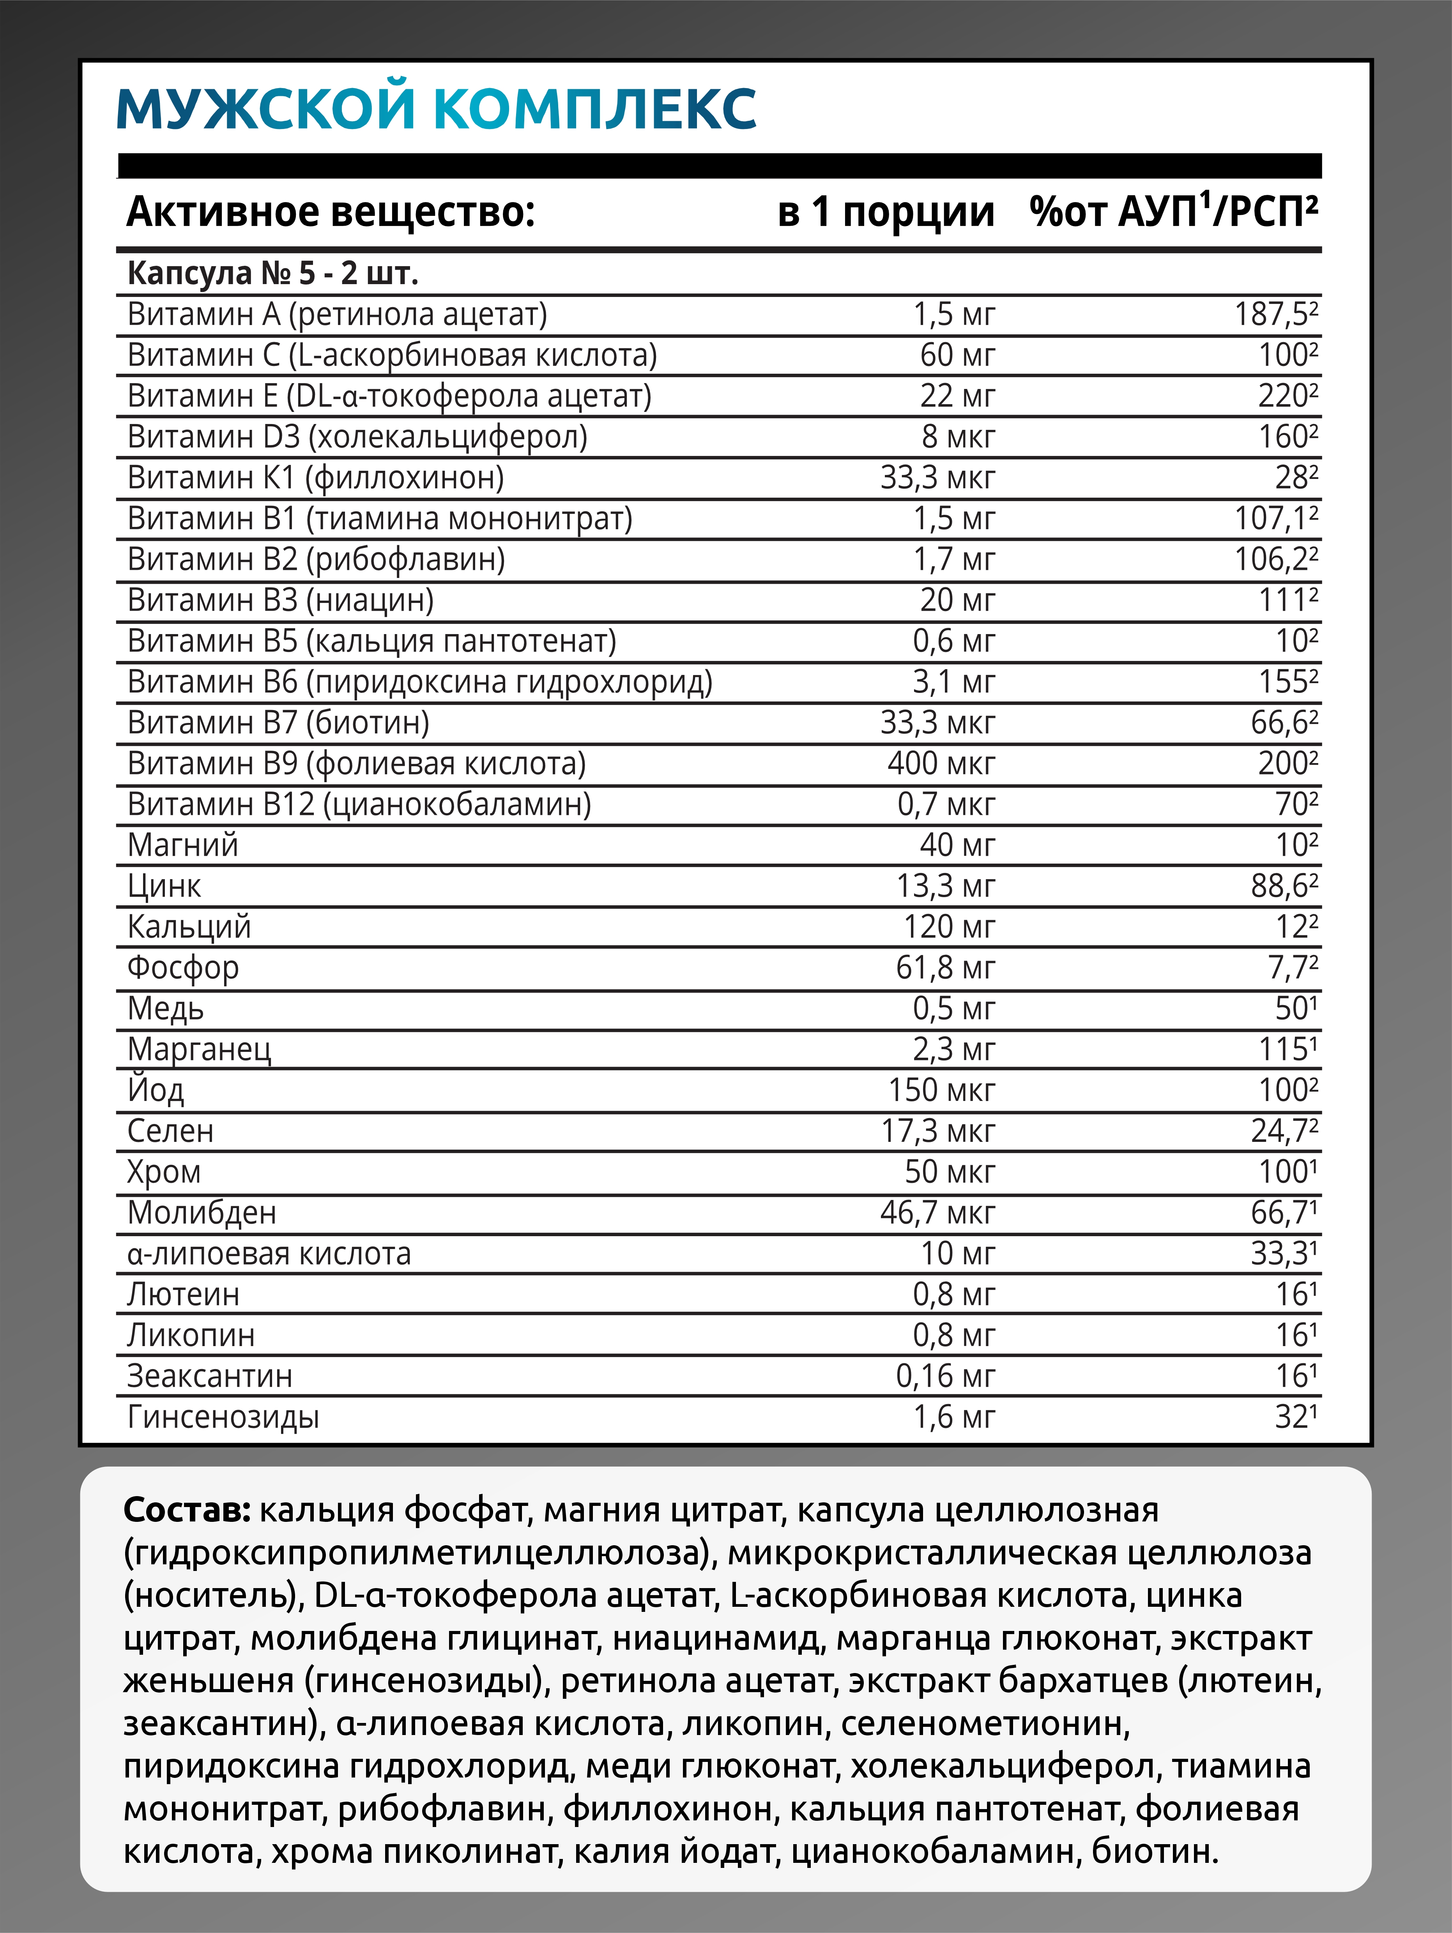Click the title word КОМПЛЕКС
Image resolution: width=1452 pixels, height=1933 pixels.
594,108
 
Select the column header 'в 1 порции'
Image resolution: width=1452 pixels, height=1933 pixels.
886,212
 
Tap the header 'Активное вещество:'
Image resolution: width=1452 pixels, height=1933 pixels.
331,212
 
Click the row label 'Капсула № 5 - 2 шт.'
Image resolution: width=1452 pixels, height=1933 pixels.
273,274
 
